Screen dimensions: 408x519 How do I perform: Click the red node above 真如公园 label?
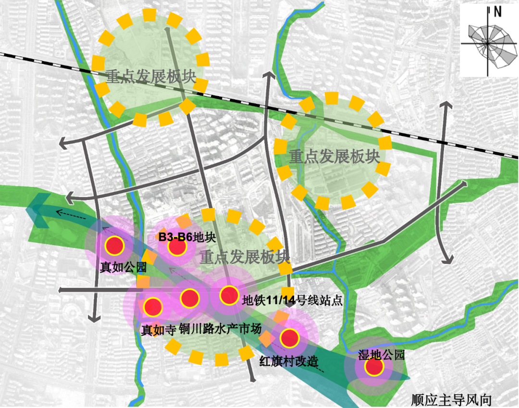tap(115, 246)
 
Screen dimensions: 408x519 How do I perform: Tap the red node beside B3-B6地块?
tap(177, 247)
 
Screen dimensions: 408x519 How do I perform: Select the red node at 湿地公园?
tap(373, 367)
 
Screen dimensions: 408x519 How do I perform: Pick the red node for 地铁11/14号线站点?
tap(229, 295)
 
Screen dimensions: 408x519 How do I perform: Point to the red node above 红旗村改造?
tap(290, 338)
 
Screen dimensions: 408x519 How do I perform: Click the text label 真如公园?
tap(123, 267)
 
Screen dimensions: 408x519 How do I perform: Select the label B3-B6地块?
tap(187, 236)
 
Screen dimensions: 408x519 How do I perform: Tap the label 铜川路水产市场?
tap(220, 330)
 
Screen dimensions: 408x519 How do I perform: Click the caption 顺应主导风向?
tap(452, 400)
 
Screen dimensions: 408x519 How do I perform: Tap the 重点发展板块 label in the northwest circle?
tap(151, 77)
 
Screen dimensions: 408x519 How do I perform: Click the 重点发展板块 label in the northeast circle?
tap(334, 156)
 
